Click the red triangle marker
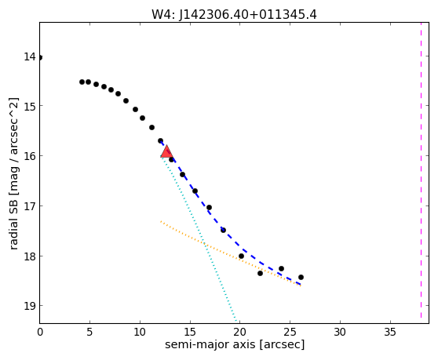(x=166, y=151)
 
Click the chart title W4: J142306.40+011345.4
(x=234, y=15)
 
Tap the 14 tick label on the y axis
(x=30, y=56)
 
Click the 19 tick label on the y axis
(x=30, y=306)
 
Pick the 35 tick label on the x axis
(x=390, y=332)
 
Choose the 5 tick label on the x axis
(x=89, y=332)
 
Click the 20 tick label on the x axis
(x=240, y=332)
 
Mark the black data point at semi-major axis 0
(x=40, y=58)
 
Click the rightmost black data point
(x=301, y=277)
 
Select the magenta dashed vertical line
(x=421, y=170)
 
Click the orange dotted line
(x=231, y=253)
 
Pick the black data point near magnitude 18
(x=241, y=256)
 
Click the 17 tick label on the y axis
(x=30, y=206)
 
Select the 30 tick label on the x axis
(x=340, y=332)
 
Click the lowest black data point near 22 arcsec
(x=260, y=273)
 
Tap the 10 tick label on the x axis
(x=140, y=332)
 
